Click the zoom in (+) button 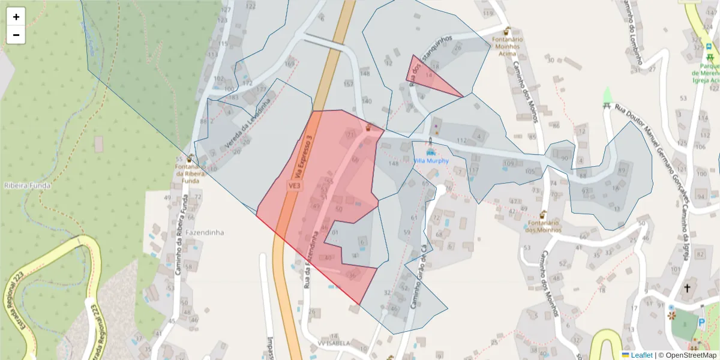(x=16, y=17)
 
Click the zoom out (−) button (x=16, y=35)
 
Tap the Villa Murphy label (x=431, y=161)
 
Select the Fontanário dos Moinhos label (x=542, y=226)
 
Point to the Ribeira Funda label (x=28, y=185)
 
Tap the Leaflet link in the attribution (x=641, y=355)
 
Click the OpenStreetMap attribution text (x=687, y=355)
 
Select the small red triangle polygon (x=427, y=77)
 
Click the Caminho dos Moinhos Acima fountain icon (x=507, y=31)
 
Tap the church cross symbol (x=687, y=289)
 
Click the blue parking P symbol (x=702, y=322)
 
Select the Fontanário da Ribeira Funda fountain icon (x=190, y=159)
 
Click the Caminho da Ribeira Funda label (x=181, y=235)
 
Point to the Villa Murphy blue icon (x=430, y=152)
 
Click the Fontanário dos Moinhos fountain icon (x=543, y=214)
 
